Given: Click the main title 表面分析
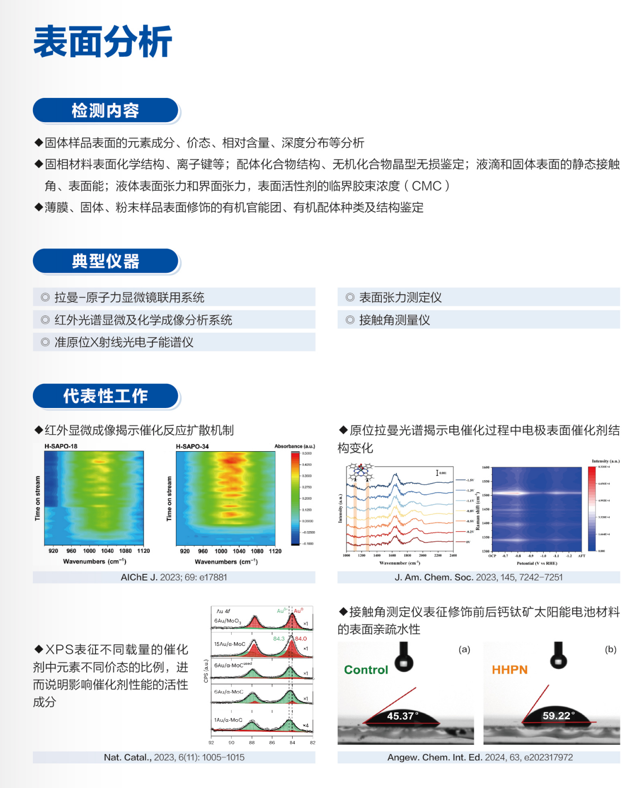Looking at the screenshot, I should [103, 42].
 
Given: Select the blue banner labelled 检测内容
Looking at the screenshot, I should [106, 110].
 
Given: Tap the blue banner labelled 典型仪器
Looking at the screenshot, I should [106, 261].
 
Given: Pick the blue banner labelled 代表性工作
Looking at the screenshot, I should [106, 396].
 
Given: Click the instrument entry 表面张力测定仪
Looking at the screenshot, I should [400, 298].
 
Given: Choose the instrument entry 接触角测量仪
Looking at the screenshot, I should [394, 320].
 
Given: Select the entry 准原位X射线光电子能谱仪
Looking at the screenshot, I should [124, 342].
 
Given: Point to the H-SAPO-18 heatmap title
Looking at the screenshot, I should [61, 446].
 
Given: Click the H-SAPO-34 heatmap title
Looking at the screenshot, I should [192, 446].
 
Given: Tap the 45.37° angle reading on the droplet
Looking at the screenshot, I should [402, 716].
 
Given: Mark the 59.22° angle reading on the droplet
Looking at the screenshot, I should [558, 715].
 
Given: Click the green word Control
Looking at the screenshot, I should [366, 670].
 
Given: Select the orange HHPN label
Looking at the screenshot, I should [510, 670].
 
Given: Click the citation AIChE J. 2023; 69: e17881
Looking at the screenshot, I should [174, 577].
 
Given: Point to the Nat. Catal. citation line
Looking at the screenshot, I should [174, 757].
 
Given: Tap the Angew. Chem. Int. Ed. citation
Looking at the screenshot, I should [480, 757].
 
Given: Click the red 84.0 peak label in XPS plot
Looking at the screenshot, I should [301, 639].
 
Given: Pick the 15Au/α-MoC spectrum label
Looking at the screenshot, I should [230, 644].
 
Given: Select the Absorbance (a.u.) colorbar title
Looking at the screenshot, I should [295, 446].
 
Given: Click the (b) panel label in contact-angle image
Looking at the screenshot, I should [611, 649].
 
